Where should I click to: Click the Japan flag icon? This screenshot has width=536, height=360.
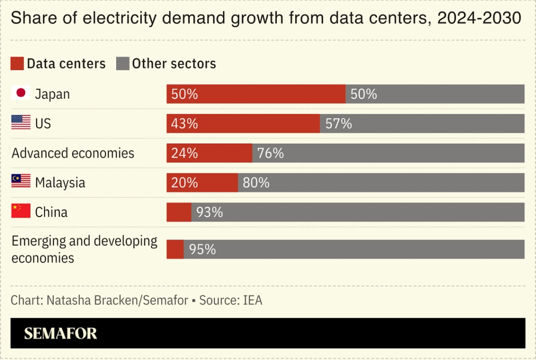[x=21, y=93]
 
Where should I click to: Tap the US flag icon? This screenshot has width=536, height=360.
[x=21, y=123]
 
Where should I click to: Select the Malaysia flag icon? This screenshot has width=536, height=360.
[x=21, y=182]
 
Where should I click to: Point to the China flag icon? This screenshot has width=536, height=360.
[x=21, y=211]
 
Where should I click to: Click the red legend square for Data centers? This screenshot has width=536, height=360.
[x=17, y=64]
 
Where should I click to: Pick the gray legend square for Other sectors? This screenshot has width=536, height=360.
[x=122, y=64]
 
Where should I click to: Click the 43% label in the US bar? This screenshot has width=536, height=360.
[x=184, y=124]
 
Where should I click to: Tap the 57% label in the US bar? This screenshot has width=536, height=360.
[x=339, y=124]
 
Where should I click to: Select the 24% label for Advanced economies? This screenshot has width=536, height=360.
[x=184, y=153]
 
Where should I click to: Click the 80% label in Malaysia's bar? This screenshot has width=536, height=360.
[x=256, y=183]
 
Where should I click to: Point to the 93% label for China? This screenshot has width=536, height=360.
[x=210, y=212]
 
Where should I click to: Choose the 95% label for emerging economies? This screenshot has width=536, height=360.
[x=202, y=249]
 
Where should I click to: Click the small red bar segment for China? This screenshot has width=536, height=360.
[x=179, y=212]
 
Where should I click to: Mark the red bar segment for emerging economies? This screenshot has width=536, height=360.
[x=175, y=249]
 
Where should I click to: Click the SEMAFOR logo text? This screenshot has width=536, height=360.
[x=60, y=333]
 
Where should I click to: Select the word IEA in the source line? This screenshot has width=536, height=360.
[x=252, y=300]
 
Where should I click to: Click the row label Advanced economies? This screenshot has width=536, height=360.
[x=73, y=153]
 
